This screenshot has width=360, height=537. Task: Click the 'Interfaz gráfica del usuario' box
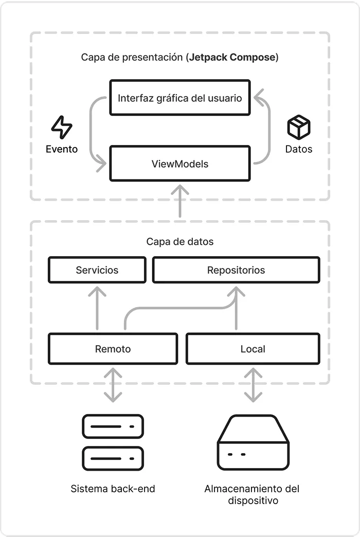pyautogui.click(x=179, y=98)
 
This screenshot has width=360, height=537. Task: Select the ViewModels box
pyautogui.click(x=179, y=164)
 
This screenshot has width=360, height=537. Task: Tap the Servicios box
pyautogui.click(x=97, y=270)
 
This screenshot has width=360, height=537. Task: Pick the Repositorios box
pyautogui.click(x=236, y=270)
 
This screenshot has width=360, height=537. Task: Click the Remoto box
pyautogui.click(x=113, y=349)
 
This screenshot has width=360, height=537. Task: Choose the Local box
pyautogui.click(x=253, y=349)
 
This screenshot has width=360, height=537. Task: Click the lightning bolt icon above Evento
pyautogui.click(x=62, y=127)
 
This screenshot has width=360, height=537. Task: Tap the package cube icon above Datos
pyautogui.click(x=299, y=127)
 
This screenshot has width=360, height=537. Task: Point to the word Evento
pyautogui.click(x=62, y=149)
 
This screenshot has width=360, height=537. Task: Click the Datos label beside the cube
pyautogui.click(x=299, y=149)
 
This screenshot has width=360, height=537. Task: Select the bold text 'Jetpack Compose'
pyautogui.click(x=232, y=57)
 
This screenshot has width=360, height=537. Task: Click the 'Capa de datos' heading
pyautogui.click(x=179, y=241)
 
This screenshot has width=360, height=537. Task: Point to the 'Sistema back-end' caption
pyautogui.click(x=113, y=489)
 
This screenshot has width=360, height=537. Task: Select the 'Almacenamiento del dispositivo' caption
pyautogui.click(x=252, y=494)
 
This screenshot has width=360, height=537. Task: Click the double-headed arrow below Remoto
pyautogui.click(x=113, y=385)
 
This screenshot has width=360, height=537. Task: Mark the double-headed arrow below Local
pyautogui.click(x=253, y=385)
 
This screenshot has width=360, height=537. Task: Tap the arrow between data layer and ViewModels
pyautogui.click(x=179, y=202)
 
